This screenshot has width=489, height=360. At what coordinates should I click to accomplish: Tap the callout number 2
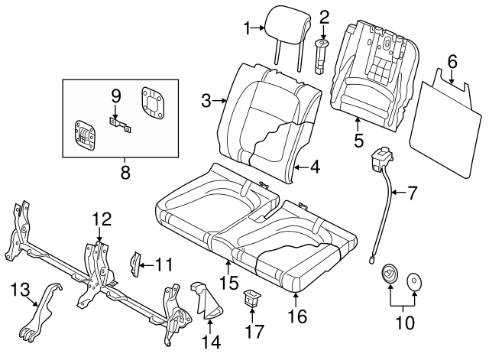pyautogui.click(x=324, y=16)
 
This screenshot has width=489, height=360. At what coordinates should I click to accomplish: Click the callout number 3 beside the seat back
pyautogui.click(x=206, y=100)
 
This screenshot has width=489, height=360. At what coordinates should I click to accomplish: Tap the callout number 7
pyautogui.click(x=412, y=193)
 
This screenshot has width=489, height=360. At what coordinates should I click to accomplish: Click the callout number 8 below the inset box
pyautogui.click(x=125, y=173)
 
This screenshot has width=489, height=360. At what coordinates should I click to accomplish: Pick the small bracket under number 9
pyautogui.click(x=118, y=125)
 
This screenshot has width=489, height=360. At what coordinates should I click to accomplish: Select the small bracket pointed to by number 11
pyautogui.click(x=137, y=264)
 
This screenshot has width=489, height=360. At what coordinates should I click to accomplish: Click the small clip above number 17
pyautogui.click(x=251, y=298)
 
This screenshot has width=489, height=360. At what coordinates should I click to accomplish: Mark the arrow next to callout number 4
pyautogui.click(x=300, y=167)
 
